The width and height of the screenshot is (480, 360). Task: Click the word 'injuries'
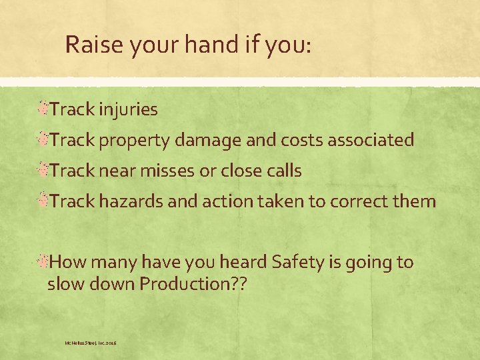click(128, 109)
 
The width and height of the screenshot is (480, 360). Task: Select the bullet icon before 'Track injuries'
click(43, 109)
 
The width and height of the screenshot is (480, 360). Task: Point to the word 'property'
click(137, 141)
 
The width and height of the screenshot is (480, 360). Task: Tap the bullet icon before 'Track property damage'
click(43, 139)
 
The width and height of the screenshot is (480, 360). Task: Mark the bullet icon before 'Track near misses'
click(43, 170)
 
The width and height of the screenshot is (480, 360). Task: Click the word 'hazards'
click(129, 201)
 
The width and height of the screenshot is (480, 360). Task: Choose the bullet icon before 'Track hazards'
click(43, 201)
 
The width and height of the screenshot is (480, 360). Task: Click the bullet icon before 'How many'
click(43, 261)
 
